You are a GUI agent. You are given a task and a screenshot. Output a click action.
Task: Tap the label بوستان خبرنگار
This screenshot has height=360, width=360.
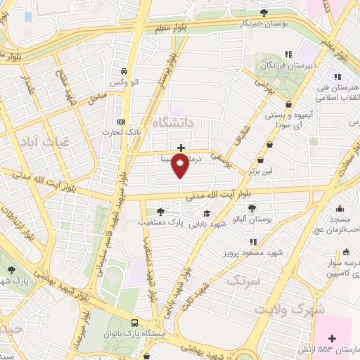(241, 23)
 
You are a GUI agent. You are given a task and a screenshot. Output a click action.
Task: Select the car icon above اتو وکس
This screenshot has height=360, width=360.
(124, 72)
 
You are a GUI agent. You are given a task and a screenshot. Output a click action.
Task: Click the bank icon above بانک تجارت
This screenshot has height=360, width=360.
(120, 120)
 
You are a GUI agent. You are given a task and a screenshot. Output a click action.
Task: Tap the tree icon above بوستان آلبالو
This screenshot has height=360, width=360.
(252, 207)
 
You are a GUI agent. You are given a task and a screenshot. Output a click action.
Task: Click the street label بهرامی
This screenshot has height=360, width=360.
(262, 86)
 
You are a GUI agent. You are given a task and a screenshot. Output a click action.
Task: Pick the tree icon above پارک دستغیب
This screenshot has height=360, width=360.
(161, 211)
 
